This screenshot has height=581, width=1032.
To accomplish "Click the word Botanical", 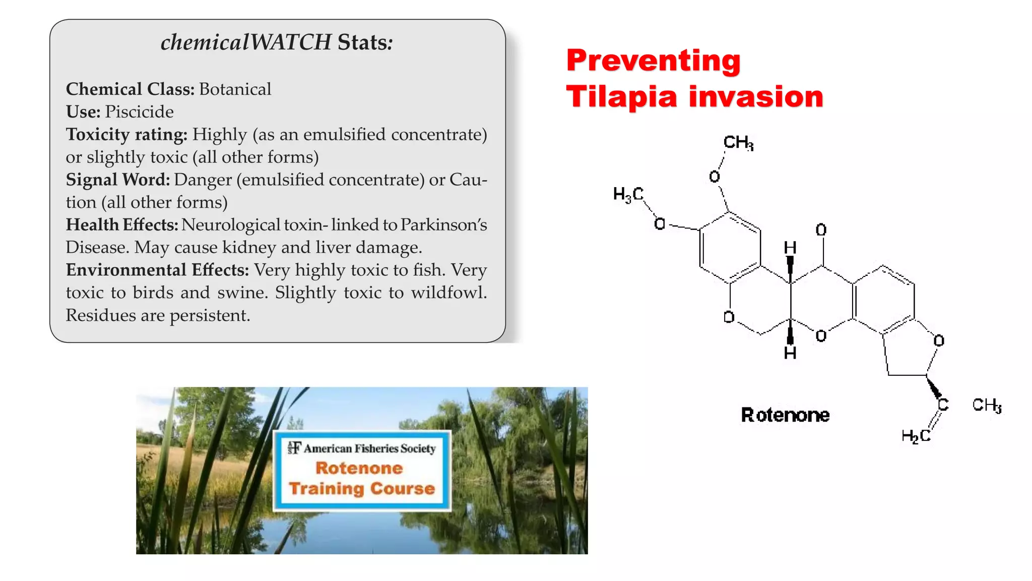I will coord(235,89).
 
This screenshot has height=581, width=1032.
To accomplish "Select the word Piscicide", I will coord(139,112).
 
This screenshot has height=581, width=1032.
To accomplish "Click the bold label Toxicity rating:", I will coord(126,135).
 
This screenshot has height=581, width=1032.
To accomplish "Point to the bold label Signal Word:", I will coord(118,180).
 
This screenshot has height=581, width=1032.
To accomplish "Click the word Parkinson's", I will coord(443,225).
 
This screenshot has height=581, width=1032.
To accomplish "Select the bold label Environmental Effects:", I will coord(157,270).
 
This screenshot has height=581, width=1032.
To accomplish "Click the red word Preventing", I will coord(653,61).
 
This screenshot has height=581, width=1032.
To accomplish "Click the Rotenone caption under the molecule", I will coord(785,415).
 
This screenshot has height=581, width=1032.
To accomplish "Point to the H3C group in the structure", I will coord(628,194).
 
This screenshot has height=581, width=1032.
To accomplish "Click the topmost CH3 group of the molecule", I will coord(738,143).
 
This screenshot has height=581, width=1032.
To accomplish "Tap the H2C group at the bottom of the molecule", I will coord(916,436).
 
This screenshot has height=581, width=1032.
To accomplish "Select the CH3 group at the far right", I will coord(986,405).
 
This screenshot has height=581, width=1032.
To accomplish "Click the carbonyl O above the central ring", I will coord(821,230).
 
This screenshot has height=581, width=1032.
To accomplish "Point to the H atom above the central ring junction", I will coord(790,248).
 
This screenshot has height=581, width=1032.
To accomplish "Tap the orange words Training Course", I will coord(361,489).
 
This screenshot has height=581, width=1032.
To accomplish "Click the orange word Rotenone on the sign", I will coord(359,468).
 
